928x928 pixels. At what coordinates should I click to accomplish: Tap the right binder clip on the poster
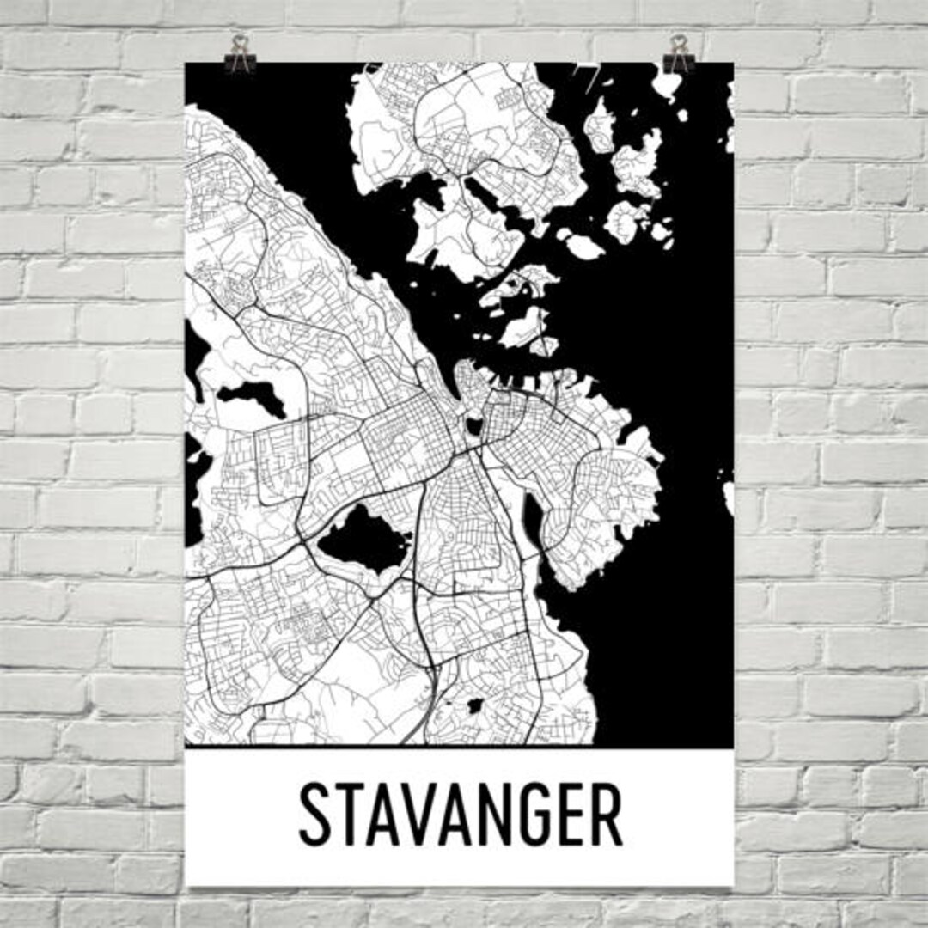(678, 54)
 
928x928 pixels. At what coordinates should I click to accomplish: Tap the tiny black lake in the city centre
(473, 425)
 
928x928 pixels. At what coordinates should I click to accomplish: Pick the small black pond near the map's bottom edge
(473, 706)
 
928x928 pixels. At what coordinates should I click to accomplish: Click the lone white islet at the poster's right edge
(729, 497)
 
